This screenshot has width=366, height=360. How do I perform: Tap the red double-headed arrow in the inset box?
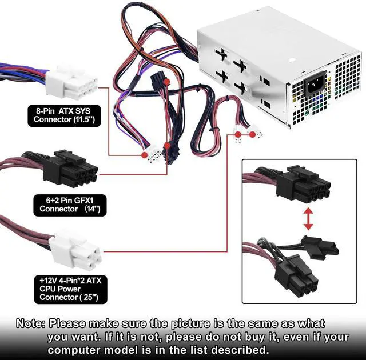pos(308,219)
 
